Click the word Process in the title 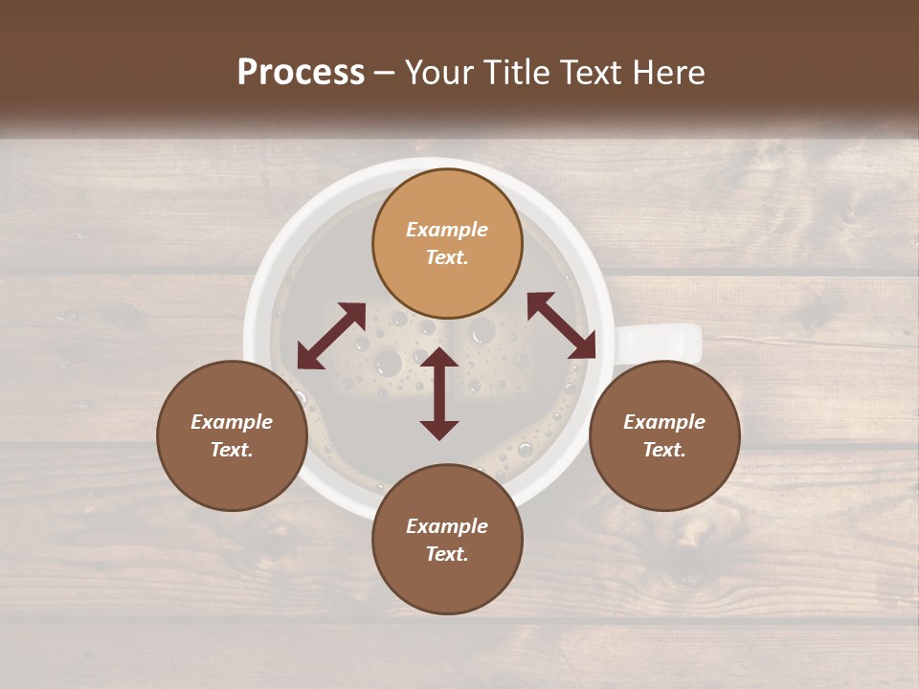[301, 73]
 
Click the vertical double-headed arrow [439, 393]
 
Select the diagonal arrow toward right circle [561, 325]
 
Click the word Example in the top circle [447, 230]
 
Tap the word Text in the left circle [232, 450]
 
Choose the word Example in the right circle [664, 422]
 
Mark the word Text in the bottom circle [447, 554]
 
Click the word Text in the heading [587, 73]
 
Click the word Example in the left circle [232, 422]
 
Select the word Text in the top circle [447, 257]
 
